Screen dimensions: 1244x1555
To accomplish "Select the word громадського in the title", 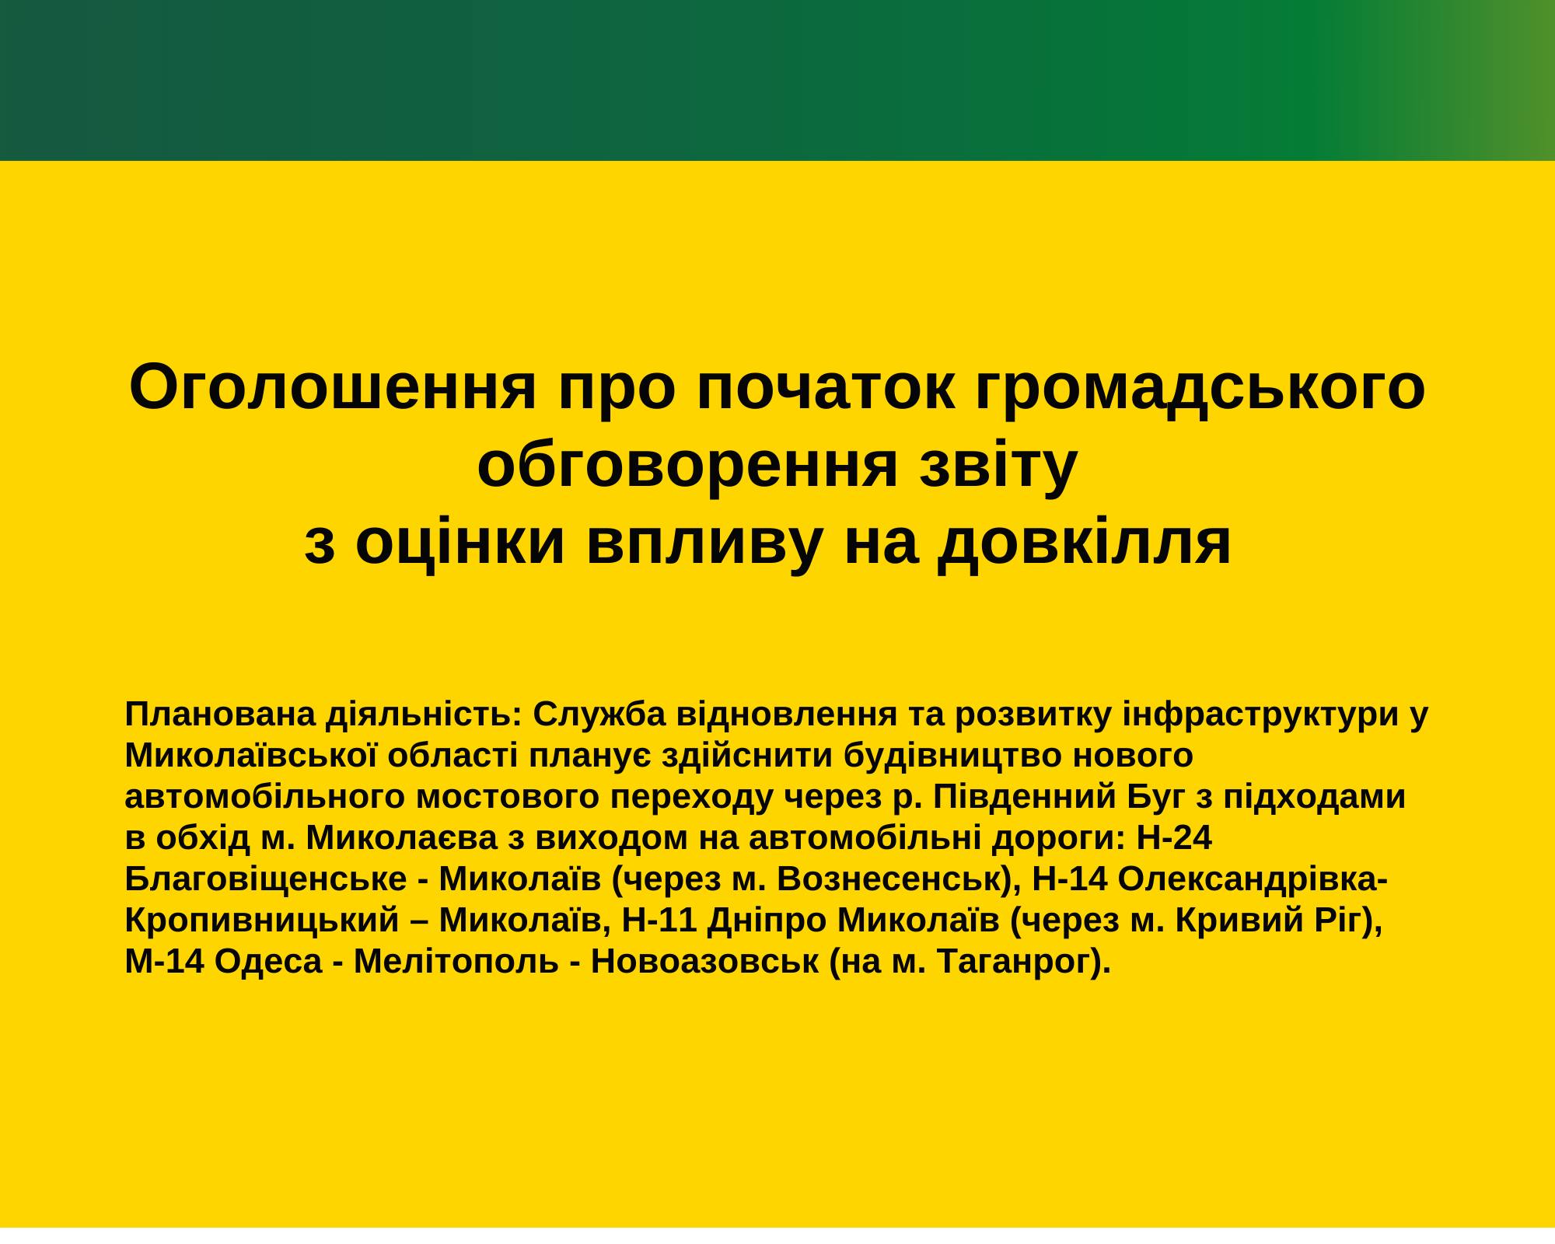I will (1198, 389).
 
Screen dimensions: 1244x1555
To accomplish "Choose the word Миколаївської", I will (252, 757).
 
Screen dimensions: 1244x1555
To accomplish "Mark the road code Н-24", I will (1174, 839).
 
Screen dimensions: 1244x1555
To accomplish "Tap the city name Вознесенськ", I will (887, 880).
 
